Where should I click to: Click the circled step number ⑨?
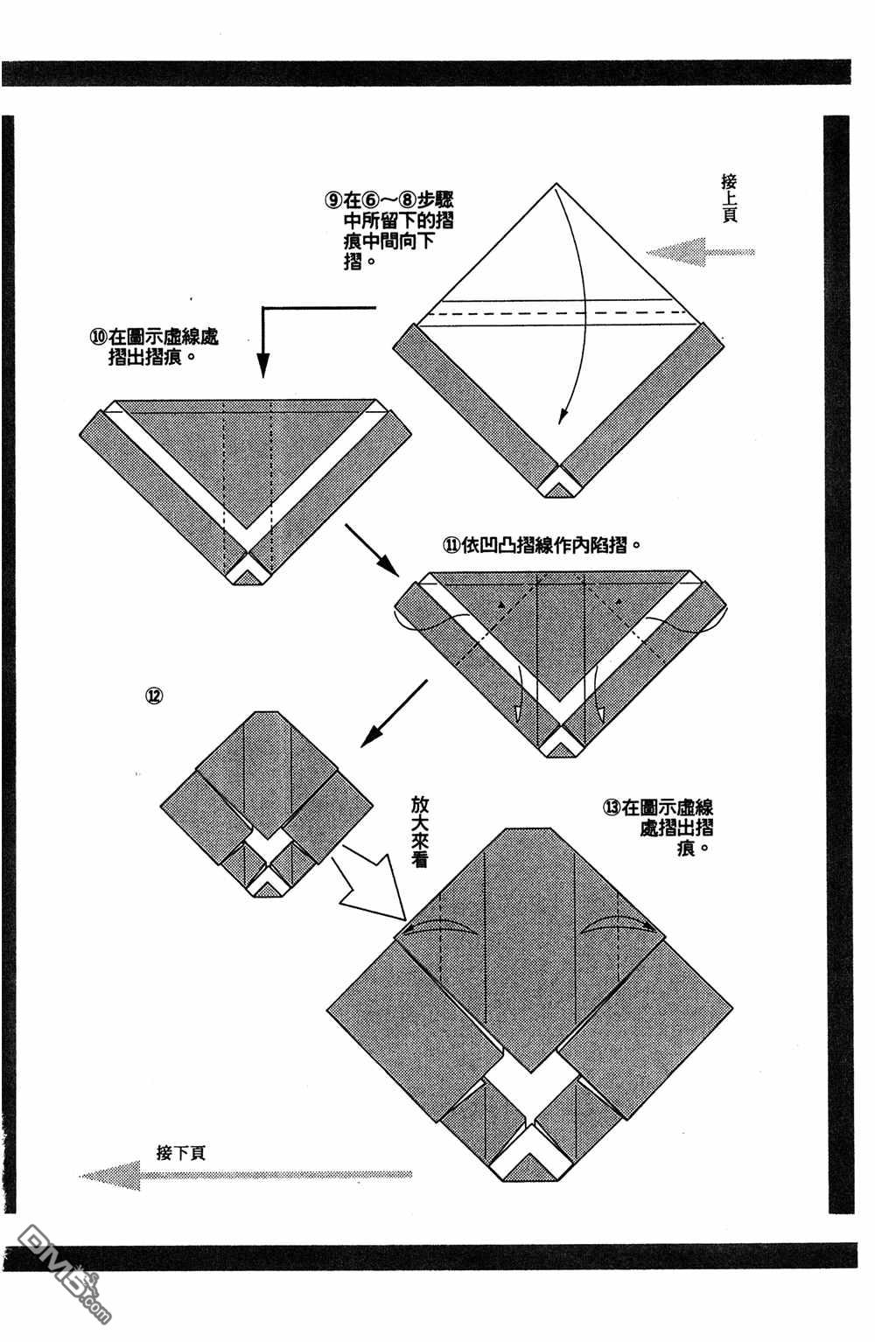[x=333, y=199]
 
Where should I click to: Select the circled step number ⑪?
[x=452, y=544]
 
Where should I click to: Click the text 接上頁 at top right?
[x=729, y=198]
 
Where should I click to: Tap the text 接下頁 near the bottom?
[x=180, y=1152]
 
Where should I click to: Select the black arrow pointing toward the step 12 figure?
[x=393, y=714]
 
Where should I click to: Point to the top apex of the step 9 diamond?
[x=556, y=185]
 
